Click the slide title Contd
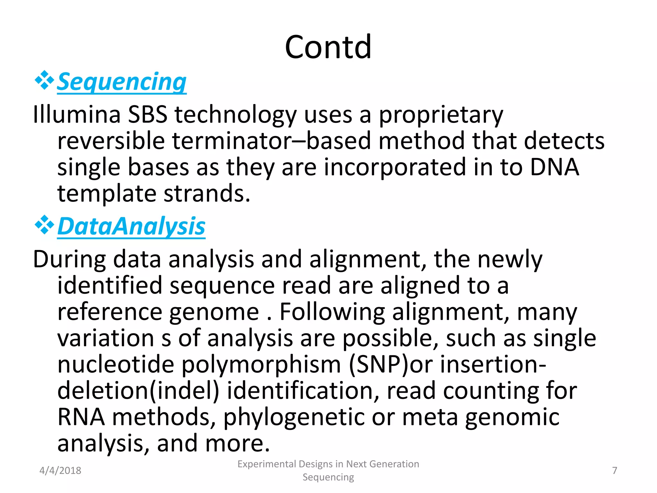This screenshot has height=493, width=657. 328,48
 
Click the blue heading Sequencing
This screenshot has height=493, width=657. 122,82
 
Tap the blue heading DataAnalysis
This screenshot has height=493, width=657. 131,227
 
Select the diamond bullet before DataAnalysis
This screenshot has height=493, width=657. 44,225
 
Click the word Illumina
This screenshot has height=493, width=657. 77,115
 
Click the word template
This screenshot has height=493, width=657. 107,194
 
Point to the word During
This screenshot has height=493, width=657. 69,259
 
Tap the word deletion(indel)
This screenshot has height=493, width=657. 138,391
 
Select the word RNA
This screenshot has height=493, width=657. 81,417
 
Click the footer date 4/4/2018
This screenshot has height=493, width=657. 60,471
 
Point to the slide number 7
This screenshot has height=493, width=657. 614,471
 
